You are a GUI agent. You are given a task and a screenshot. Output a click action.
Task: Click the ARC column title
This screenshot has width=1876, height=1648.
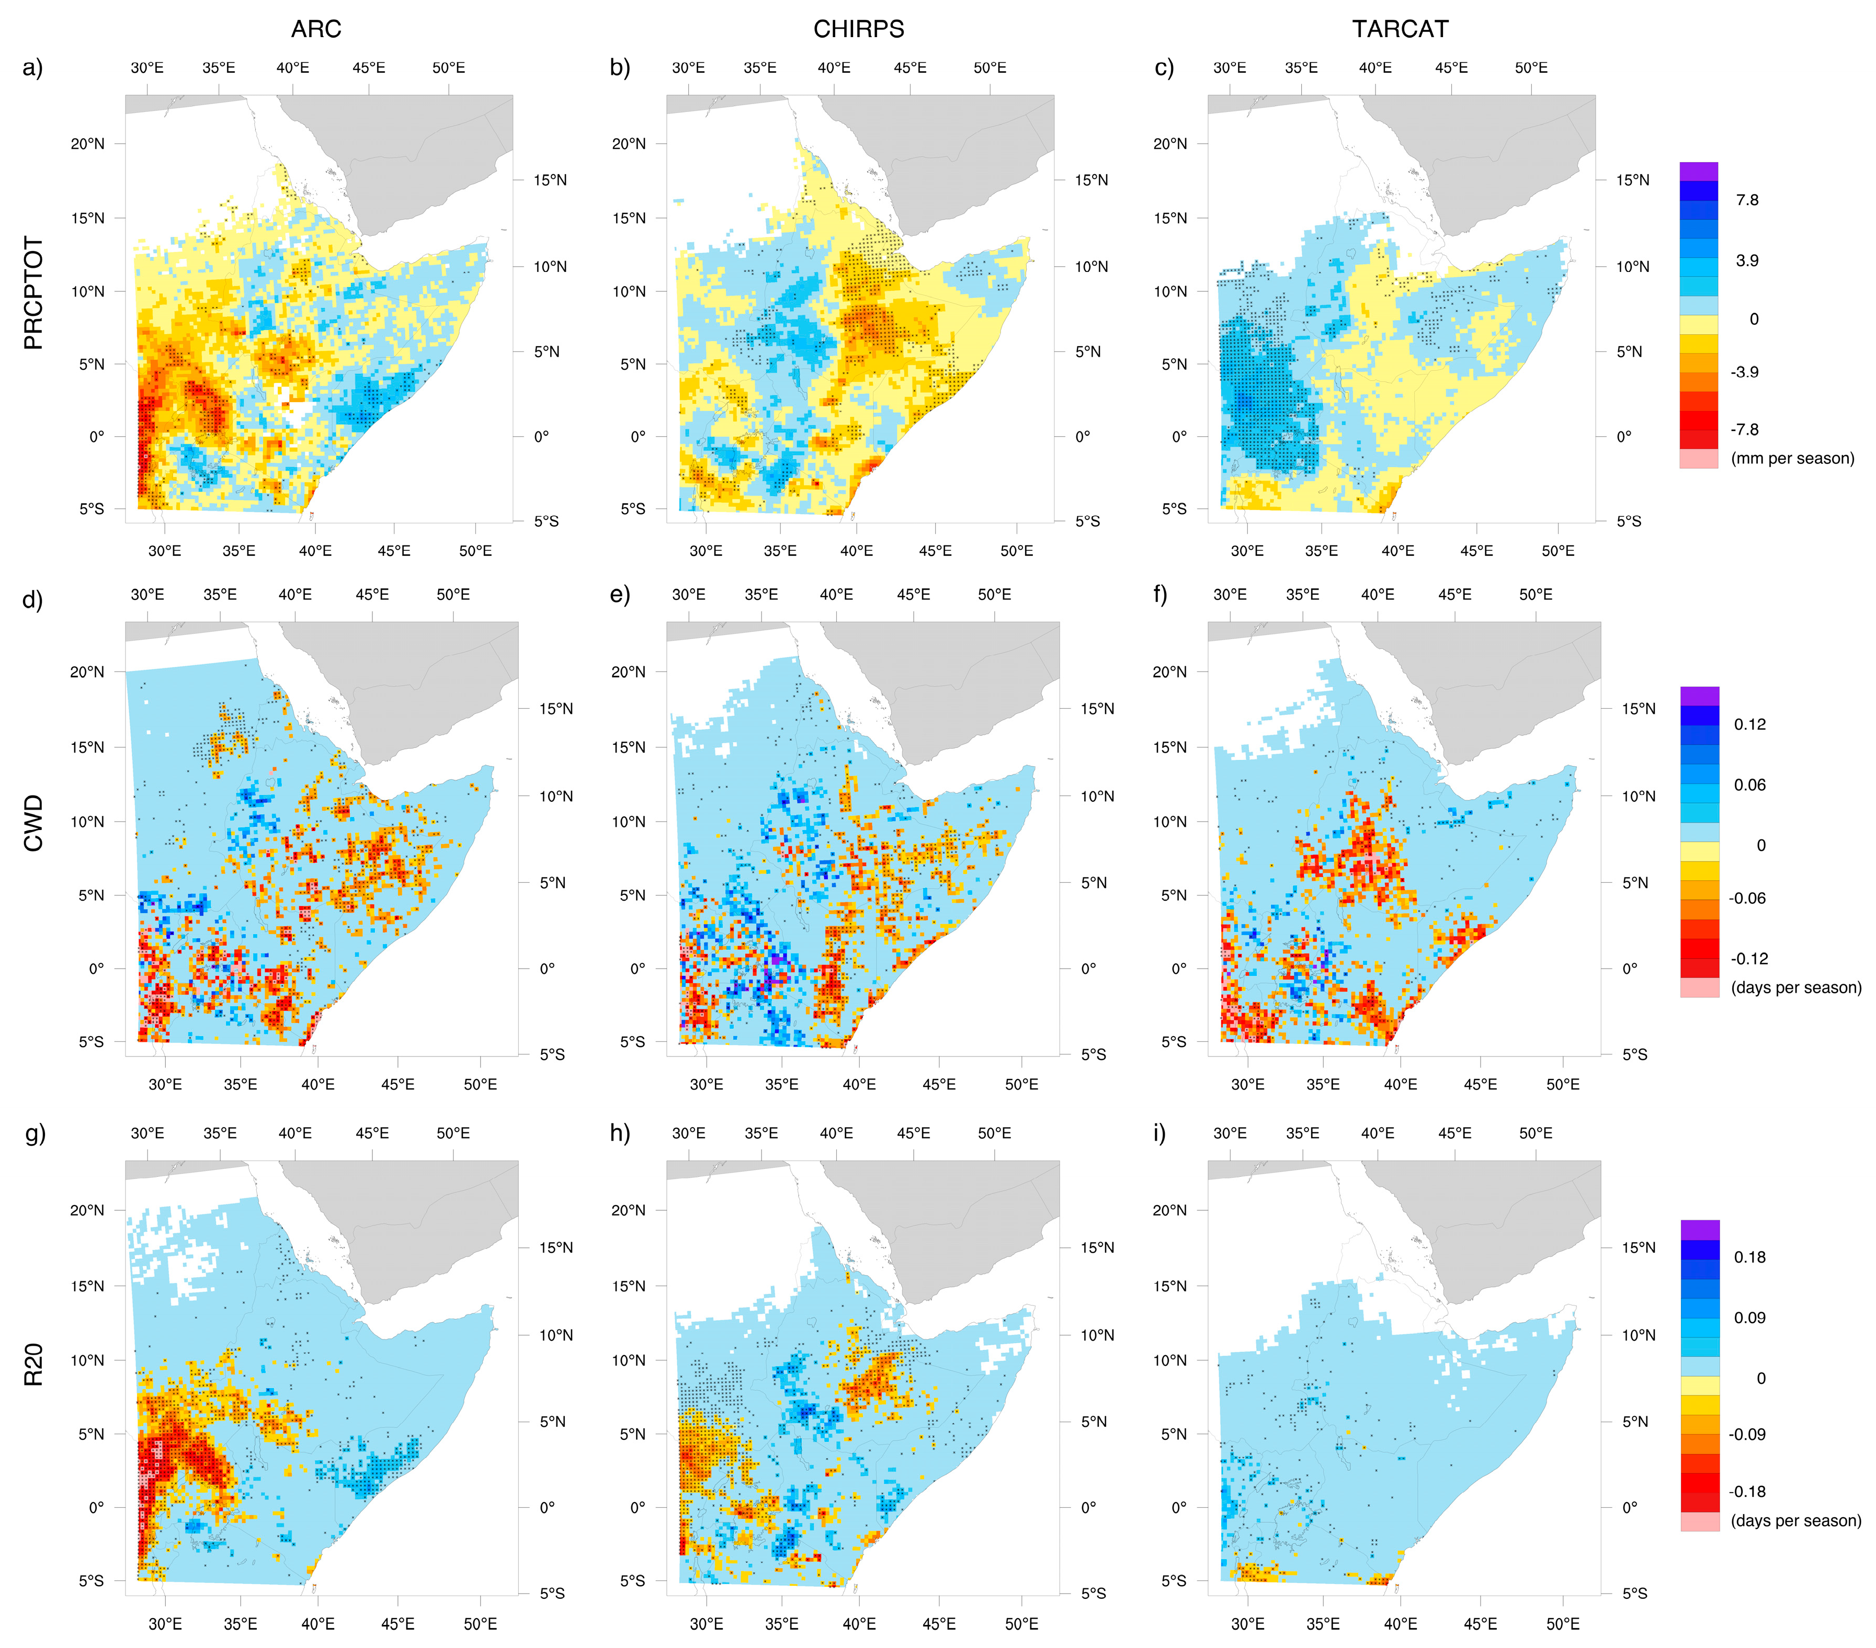316,29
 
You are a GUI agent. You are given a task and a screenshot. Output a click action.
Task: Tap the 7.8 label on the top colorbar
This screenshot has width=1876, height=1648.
1747,200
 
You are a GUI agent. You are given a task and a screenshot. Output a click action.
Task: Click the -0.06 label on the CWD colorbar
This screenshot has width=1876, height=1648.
1747,899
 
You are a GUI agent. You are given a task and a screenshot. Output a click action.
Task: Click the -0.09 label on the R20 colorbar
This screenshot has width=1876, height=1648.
1747,1434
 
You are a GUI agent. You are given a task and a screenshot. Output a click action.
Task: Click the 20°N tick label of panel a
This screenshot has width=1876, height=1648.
88,144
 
